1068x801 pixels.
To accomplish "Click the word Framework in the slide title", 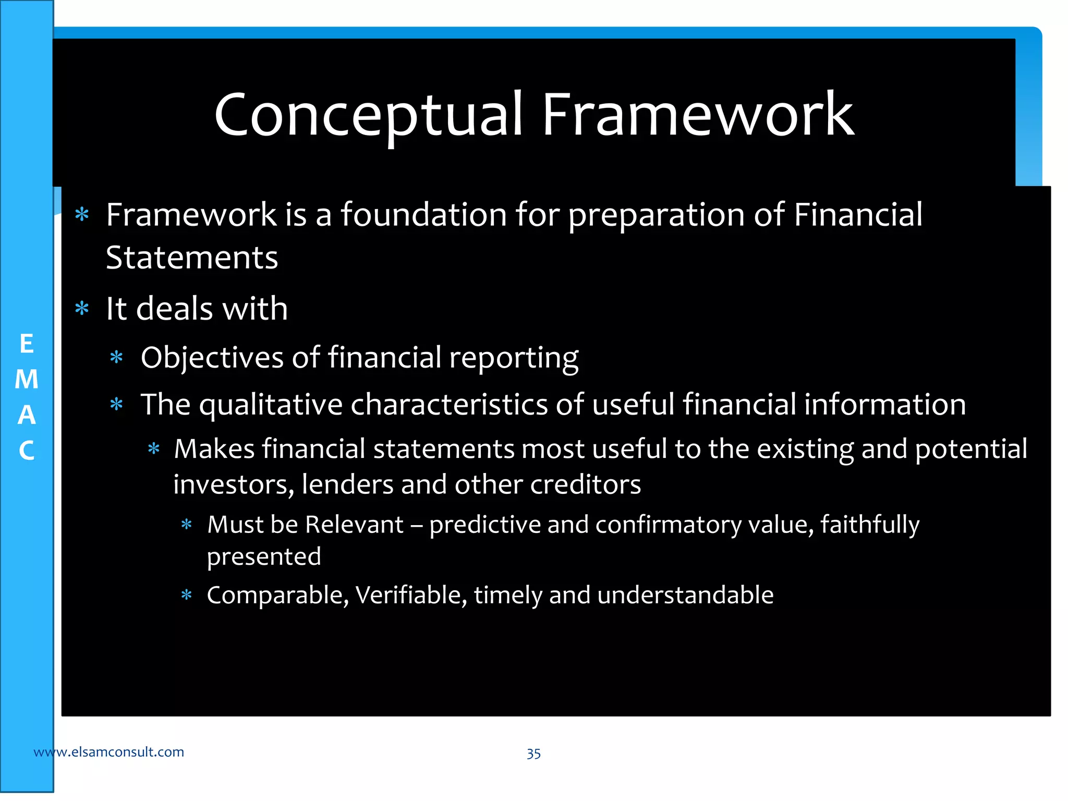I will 698,115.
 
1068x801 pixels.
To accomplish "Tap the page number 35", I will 533,754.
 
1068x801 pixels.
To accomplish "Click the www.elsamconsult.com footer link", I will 108,752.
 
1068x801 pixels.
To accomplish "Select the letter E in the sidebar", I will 27,344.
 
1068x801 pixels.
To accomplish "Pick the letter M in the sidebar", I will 27,380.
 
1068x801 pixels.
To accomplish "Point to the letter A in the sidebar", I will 27,415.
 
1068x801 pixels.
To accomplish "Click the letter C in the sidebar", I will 27,451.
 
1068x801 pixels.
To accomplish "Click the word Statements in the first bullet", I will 192,258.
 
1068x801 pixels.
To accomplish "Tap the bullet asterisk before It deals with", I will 82,308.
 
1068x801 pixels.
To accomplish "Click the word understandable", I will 685,595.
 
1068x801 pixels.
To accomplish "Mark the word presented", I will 264,557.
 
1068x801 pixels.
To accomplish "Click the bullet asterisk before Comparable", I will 186,595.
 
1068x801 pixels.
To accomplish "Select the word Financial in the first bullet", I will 858,215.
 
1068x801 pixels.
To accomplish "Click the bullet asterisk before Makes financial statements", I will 153,448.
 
